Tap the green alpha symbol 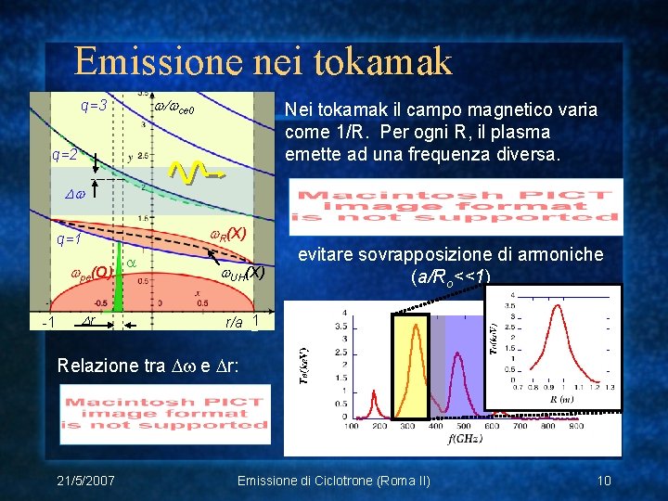tap(131, 263)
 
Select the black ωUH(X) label tap(242, 273)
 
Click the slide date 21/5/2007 tap(85, 480)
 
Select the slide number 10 tap(604, 480)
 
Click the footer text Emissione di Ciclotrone tap(334, 480)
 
